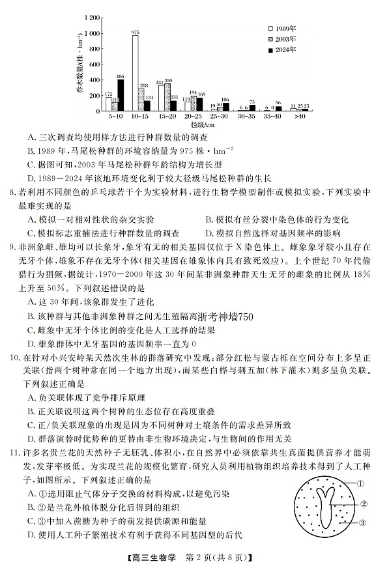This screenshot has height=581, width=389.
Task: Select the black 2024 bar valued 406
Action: (120, 95)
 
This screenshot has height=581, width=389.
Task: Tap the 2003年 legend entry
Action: (281, 38)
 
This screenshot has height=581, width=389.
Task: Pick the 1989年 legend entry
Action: (281, 29)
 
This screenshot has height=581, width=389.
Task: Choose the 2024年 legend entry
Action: (281, 49)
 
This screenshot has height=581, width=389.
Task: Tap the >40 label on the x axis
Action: (299, 116)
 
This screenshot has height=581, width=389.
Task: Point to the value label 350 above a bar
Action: (168, 80)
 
